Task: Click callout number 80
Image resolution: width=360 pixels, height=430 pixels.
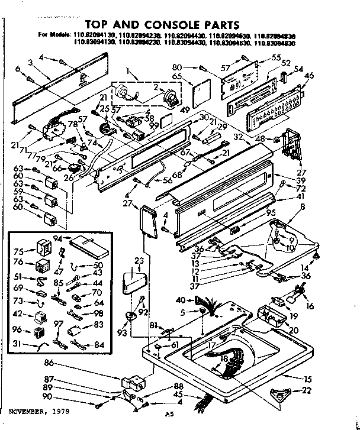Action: (177, 66)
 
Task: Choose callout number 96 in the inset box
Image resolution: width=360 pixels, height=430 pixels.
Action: (19, 330)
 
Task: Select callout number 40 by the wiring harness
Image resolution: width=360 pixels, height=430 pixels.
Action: (181, 300)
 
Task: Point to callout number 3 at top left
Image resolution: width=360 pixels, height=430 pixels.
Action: (30, 62)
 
